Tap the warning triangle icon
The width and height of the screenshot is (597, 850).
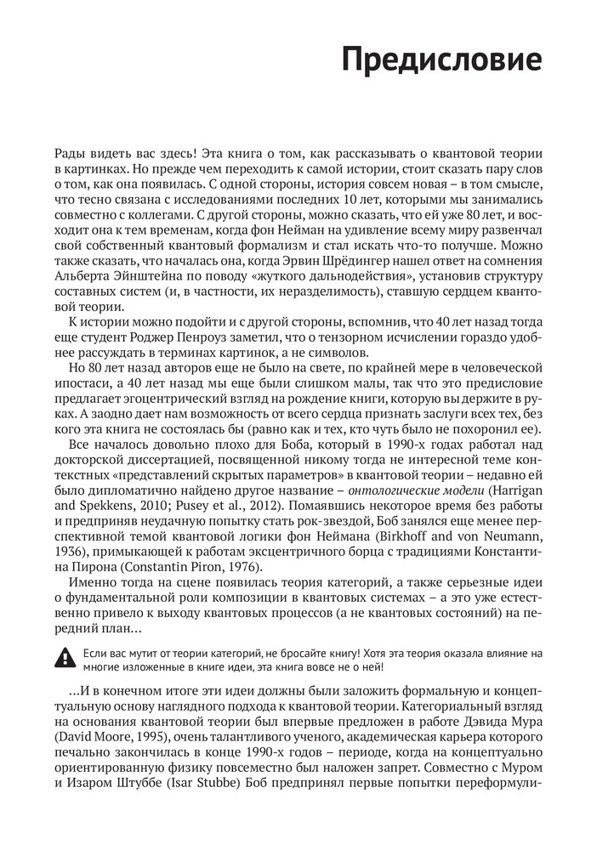click(64, 656)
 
